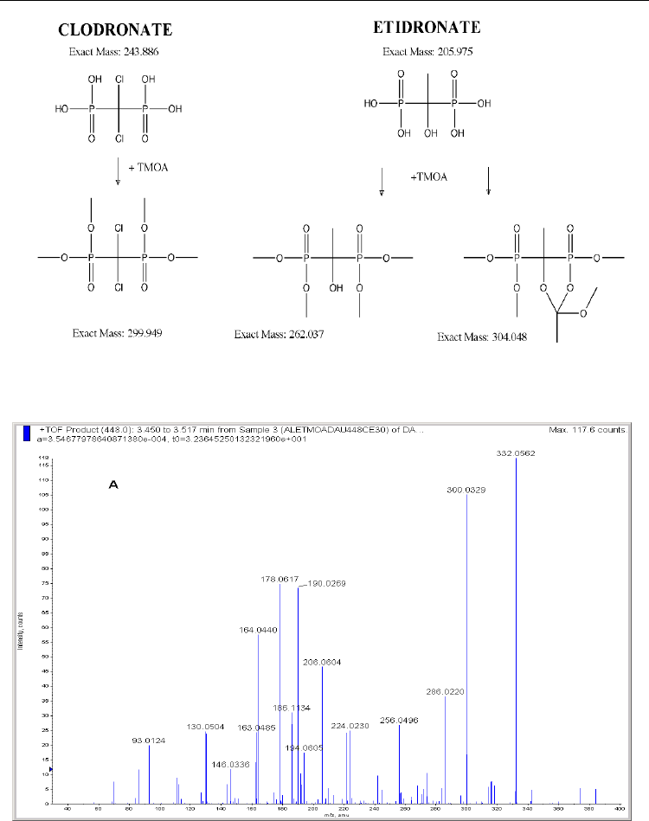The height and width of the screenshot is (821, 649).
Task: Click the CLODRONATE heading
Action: pos(115,30)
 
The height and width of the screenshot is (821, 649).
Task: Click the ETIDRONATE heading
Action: pos(429,28)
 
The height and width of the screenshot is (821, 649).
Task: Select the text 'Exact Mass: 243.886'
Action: pos(113,52)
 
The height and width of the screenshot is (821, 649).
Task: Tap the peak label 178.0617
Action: pos(280,580)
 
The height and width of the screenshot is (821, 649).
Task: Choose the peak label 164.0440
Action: pos(258,629)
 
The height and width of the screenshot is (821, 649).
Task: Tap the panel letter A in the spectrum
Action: pos(112,487)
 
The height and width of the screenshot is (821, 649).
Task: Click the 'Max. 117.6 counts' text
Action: pos(583,430)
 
